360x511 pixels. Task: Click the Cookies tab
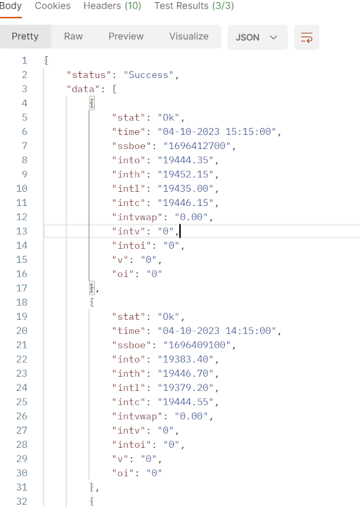point(53,6)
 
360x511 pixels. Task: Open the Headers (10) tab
point(112,6)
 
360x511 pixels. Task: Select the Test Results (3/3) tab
point(194,6)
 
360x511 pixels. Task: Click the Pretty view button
point(25,36)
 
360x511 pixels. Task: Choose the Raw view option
point(73,36)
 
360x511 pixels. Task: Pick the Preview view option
point(126,36)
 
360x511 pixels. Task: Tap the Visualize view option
point(189,36)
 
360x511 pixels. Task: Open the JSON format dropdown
point(257,37)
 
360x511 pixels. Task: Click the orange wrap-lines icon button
point(307,37)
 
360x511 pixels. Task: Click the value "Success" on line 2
point(148,75)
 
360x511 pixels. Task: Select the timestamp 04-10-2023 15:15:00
point(217,131)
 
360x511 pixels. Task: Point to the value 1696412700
point(197,145)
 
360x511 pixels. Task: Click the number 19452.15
point(186,174)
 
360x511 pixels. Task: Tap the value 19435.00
point(186,188)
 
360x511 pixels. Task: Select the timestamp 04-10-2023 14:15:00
point(217,331)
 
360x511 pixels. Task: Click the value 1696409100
point(197,345)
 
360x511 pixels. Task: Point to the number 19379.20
point(186,387)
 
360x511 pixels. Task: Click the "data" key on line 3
point(83,89)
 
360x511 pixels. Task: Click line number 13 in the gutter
point(22,231)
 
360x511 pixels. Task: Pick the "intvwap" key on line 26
point(137,416)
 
